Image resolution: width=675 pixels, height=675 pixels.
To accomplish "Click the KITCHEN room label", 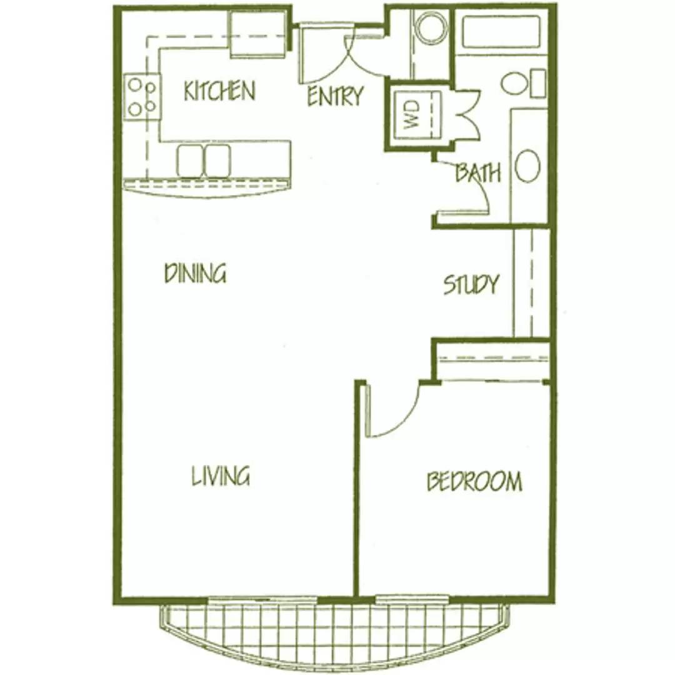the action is [219, 91].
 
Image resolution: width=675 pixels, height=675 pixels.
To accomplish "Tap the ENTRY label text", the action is [336, 96].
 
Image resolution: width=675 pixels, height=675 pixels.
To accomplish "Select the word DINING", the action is [196, 273].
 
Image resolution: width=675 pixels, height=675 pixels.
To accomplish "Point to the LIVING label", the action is [221, 476].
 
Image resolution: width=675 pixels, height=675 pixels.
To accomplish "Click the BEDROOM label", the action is [474, 481].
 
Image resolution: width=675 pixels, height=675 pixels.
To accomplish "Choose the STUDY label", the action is [471, 284].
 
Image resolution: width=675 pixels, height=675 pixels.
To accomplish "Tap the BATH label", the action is [478, 172].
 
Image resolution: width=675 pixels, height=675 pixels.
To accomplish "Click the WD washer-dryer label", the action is [411, 114].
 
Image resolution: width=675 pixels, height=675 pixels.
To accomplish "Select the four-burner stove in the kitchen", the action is [142, 96].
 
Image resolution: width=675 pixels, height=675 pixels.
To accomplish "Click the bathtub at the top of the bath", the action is [501, 32].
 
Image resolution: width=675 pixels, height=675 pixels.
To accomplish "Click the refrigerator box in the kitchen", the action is [258, 34].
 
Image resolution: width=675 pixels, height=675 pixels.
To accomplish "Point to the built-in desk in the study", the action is [531, 283].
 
